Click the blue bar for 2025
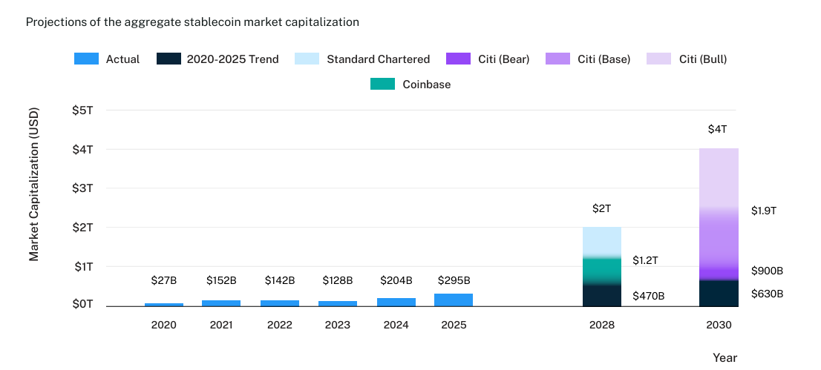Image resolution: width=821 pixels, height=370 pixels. (453, 300)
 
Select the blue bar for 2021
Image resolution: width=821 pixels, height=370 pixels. (221, 303)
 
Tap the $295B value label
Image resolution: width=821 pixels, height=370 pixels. (453, 280)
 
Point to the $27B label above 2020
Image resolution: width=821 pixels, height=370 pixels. (164, 280)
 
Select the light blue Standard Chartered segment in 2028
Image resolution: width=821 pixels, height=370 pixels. (602, 241)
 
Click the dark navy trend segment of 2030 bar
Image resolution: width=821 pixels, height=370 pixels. (719, 293)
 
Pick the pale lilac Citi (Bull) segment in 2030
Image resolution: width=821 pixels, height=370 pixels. (719, 178)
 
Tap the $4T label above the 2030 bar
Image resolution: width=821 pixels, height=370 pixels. (718, 129)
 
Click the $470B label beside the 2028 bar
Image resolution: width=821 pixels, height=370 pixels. (648, 296)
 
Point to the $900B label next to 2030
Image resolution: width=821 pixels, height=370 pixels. (767, 271)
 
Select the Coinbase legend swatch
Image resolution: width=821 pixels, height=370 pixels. (382, 85)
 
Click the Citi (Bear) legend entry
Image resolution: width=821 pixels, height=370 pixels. (487, 59)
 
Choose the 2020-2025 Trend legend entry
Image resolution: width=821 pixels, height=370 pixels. (217, 59)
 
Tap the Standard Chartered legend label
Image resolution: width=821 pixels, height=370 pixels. (378, 59)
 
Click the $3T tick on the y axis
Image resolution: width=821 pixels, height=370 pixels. (82, 188)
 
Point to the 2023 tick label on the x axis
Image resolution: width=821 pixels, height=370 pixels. (337, 325)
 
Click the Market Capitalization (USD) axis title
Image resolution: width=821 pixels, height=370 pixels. (34, 185)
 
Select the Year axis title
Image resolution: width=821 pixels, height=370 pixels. (724, 357)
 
